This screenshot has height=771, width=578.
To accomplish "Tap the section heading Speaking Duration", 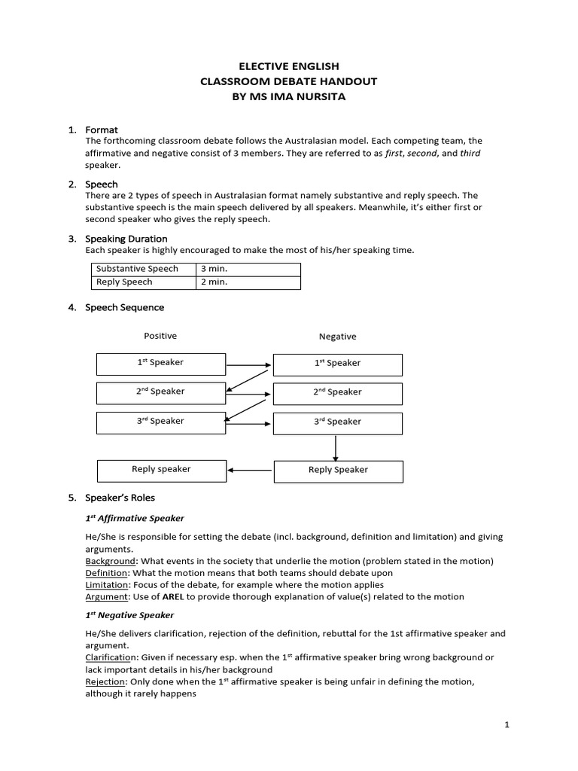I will tap(126, 239).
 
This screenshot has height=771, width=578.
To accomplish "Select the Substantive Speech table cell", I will tap(142, 269).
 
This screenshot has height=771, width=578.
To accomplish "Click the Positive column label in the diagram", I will tap(160, 336).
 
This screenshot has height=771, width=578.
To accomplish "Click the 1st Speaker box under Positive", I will tap(160, 363).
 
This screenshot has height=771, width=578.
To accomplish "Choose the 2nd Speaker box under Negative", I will tap(337, 392).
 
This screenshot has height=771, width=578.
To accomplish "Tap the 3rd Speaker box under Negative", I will tap(337, 422).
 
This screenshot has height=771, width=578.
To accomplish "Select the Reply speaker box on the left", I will tap(161, 470).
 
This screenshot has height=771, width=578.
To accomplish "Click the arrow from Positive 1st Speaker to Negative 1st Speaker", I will tap(248, 365).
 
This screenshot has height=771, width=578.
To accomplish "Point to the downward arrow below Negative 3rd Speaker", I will tap(336, 447).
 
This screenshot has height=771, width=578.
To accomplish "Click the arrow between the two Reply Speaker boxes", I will tap(250, 471).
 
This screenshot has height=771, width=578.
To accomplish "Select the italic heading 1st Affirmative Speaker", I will tap(134, 519).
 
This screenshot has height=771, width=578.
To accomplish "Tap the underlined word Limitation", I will tap(106, 585).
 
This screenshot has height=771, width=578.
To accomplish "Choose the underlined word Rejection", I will tap(105, 682).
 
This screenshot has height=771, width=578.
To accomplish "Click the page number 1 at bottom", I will tap(507, 724).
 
